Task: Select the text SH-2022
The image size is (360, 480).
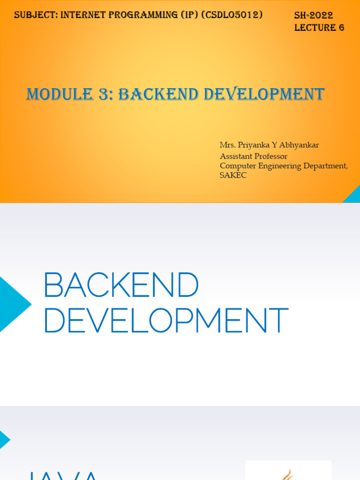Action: click(314, 15)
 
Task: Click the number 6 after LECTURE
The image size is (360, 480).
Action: click(341, 28)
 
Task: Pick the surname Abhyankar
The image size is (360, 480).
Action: click(300, 145)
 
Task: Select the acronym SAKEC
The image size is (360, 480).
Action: click(233, 175)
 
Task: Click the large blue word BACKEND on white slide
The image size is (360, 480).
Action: click(121, 285)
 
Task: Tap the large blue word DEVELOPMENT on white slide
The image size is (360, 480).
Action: click(165, 321)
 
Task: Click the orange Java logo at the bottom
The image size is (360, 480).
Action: click(288, 473)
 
